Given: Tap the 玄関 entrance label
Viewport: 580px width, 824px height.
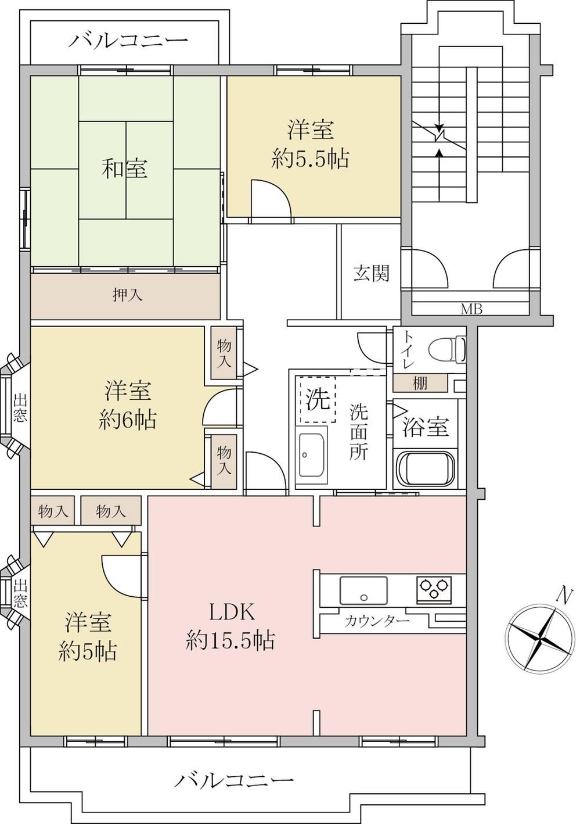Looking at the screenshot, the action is coord(371,273).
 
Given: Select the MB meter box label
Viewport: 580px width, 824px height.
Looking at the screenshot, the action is coord(471,309).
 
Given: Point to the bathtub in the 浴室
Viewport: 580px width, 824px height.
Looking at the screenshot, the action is coord(425,468).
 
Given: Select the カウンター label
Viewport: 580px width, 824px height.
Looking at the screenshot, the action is coord(377,621).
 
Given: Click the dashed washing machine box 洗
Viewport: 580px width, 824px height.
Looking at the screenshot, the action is coord(318,399).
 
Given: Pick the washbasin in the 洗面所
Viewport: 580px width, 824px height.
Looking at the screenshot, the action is coord(313,456).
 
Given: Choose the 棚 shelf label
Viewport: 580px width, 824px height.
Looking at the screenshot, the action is coord(420,384).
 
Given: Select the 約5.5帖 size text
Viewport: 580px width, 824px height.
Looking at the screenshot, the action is coord(310,159).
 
